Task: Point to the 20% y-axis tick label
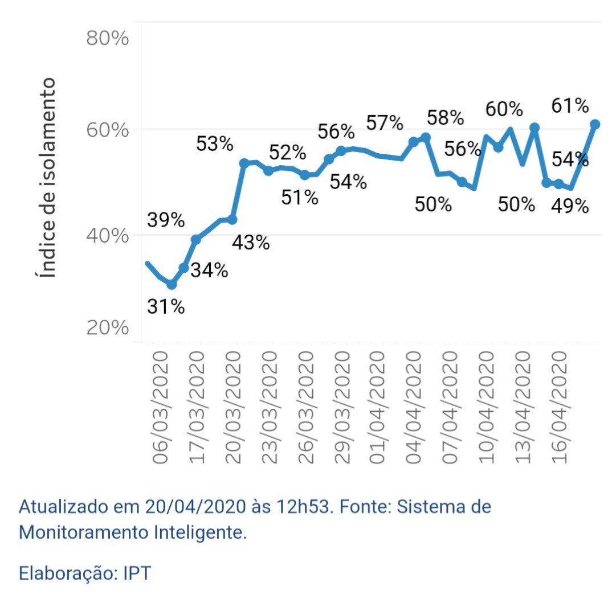coord(107,329)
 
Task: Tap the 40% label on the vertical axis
coord(107,235)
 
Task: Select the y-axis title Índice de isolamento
coord(49,178)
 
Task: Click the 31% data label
coord(166,307)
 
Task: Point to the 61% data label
coord(570,106)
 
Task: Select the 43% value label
coord(251,243)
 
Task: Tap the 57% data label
coord(385,123)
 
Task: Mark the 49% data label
coord(570,206)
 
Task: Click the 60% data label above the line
coord(504,109)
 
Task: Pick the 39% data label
coord(166,220)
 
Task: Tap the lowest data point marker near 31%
coord(172,284)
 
